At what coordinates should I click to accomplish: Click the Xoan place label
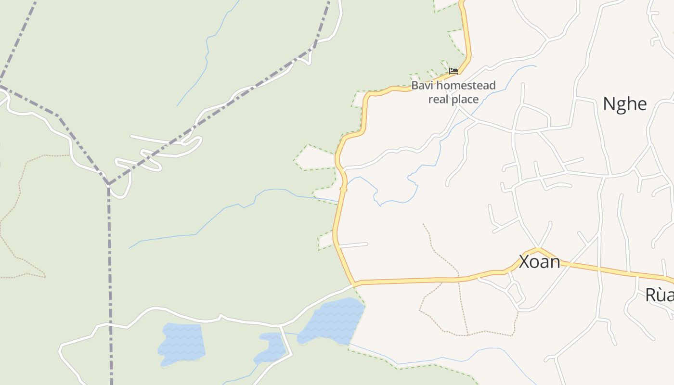pyautogui.click(x=539, y=262)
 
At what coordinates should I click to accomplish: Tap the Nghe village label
pyautogui.click(x=624, y=104)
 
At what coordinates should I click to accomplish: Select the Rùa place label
pyautogui.click(x=659, y=295)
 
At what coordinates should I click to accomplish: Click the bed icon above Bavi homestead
pyautogui.click(x=453, y=71)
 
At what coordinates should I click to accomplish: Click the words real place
pyautogui.click(x=453, y=100)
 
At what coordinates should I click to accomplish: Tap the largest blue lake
pyautogui.click(x=332, y=320)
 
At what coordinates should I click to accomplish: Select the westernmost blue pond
pyautogui.click(x=181, y=342)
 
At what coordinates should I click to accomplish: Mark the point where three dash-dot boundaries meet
pyautogui.click(x=108, y=184)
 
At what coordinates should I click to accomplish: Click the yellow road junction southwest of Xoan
pyautogui.click(x=355, y=283)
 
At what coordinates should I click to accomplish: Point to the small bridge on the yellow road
pyautogui.click(x=343, y=189)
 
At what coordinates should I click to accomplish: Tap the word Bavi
pyautogui.click(x=422, y=86)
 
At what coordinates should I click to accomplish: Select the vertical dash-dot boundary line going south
pyautogui.click(x=110, y=289)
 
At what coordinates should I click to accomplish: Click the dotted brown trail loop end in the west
pyautogui.click(x=43, y=275)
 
